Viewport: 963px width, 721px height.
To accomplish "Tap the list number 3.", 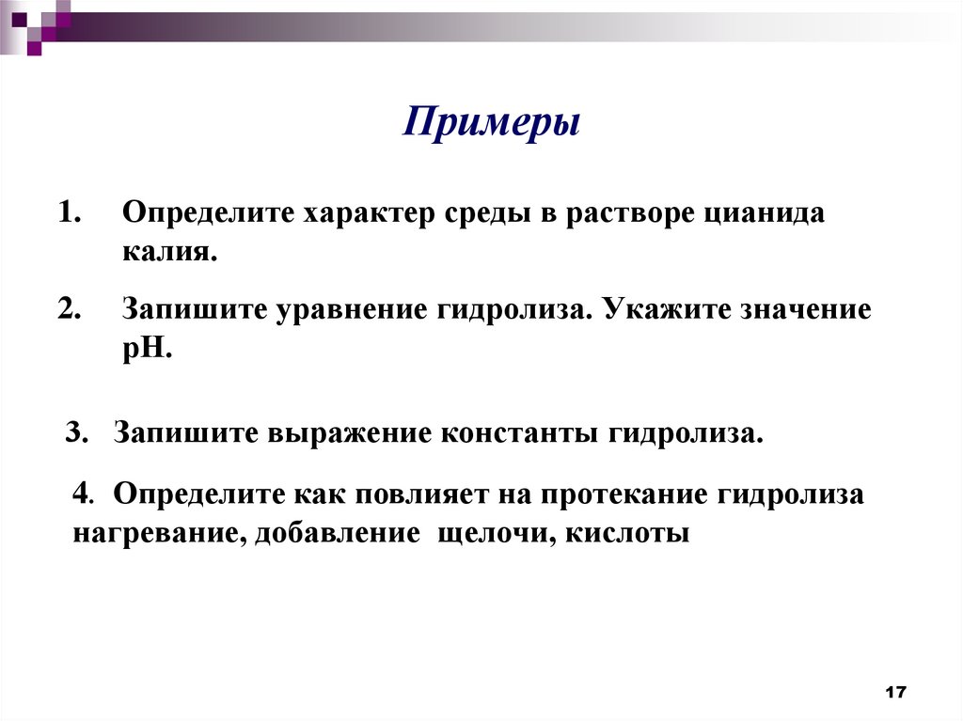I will pyautogui.click(x=76, y=433).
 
